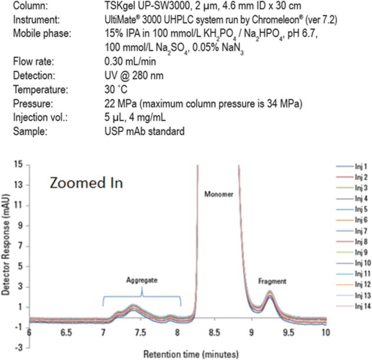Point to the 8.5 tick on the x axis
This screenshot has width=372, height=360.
(214, 332)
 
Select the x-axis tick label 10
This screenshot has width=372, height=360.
(325, 332)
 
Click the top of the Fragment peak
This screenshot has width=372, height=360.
(270, 292)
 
